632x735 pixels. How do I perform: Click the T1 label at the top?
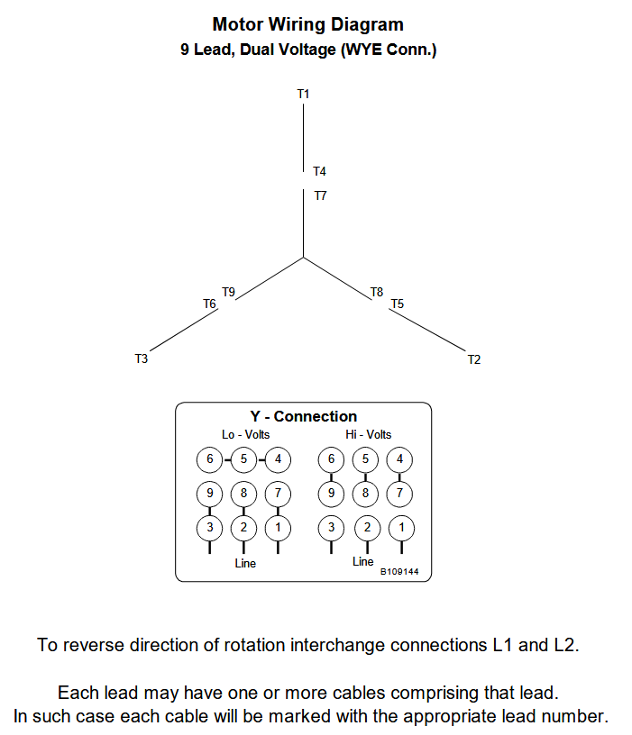coord(303,94)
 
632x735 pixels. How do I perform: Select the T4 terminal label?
coord(319,171)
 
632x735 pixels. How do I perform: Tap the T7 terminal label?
coord(320,195)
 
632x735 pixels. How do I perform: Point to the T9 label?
coord(228,292)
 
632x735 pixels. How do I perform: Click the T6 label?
coord(209,304)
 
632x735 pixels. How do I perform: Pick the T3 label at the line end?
coord(141,359)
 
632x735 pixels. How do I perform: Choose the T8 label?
coord(377,292)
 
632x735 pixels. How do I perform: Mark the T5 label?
coord(397,304)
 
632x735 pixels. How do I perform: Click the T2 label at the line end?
coord(474,360)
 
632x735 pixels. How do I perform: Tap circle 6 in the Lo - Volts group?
coord(209,459)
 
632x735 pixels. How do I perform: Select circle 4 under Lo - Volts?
coord(278,459)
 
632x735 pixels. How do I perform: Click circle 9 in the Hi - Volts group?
coord(332,494)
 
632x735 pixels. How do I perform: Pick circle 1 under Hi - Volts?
coord(401,527)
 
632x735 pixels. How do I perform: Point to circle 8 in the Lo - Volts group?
coord(243,494)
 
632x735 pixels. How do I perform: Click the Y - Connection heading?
coord(303,416)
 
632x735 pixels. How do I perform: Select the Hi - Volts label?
coord(368,434)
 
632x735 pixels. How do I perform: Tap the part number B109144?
coord(399,571)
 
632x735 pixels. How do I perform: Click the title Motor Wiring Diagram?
coord(307,24)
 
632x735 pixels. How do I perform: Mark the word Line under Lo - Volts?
coord(245,564)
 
